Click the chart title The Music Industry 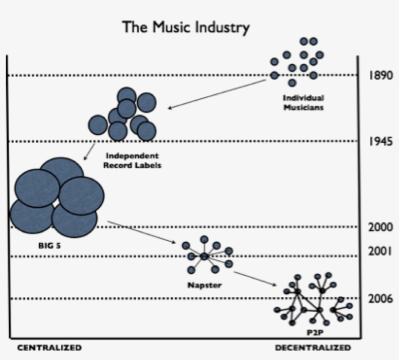click(186, 27)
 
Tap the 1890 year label click(381, 75)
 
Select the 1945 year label click(381, 141)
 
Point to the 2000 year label click(381, 227)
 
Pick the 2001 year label click(380, 252)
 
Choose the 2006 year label click(381, 298)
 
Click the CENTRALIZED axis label click(50, 347)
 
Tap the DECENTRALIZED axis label click(313, 347)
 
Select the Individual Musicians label click(303, 103)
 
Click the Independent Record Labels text click(132, 160)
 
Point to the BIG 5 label click(50, 246)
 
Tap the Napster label click(204, 285)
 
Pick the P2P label click(315, 332)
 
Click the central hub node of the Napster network click(204, 256)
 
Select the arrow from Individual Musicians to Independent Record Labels click(217, 94)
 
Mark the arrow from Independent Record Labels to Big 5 click(90, 151)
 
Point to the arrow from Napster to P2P click(255, 279)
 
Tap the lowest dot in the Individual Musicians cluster click(292, 83)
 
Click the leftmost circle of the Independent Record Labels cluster click(98, 125)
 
